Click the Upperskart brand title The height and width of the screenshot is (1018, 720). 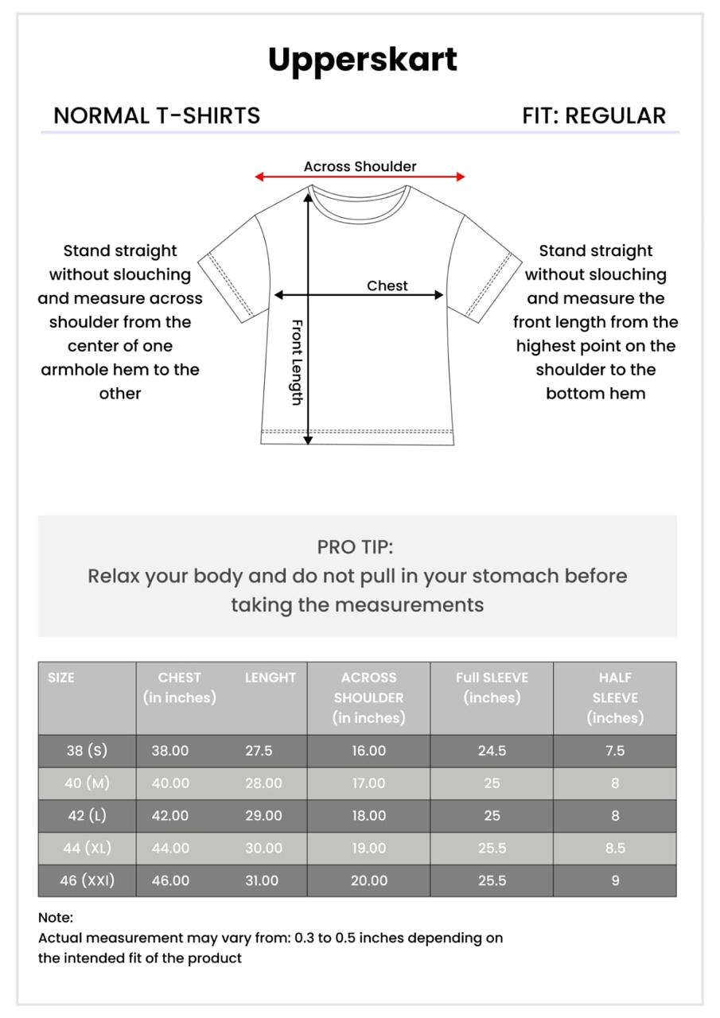(x=362, y=60)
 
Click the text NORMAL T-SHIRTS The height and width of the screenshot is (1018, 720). (x=157, y=116)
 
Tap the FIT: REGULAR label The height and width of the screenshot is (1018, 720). (x=594, y=116)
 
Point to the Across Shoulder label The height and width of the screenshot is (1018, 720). (x=360, y=166)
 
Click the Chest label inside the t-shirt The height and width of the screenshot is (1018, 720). (x=387, y=286)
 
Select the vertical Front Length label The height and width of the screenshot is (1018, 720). (x=296, y=362)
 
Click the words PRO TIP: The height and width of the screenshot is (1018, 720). (x=355, y=547)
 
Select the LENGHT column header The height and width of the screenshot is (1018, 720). (x=270, y=678)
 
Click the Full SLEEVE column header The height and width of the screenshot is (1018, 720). (x=492, y=678)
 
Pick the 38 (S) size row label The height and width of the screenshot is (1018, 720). (x=87, y=751)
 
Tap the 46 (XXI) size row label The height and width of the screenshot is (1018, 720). (x=87, y=880)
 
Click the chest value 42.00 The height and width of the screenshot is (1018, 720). (x=170, y=816)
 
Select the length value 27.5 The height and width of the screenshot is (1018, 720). (x=259, y=751)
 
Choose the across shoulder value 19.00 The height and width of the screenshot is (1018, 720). (x=369, y=848)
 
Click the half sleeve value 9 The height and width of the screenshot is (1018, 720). (x=615, y=880)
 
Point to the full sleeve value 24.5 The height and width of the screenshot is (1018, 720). (x=492, y=751)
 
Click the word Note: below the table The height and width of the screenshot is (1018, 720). (x=56, y=917)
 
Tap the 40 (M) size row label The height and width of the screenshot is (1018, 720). (x=87, y=783)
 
